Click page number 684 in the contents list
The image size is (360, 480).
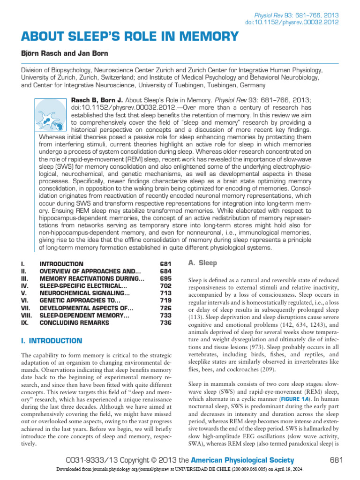165,272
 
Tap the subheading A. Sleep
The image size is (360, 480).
202,263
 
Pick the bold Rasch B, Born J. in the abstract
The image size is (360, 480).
97,100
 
